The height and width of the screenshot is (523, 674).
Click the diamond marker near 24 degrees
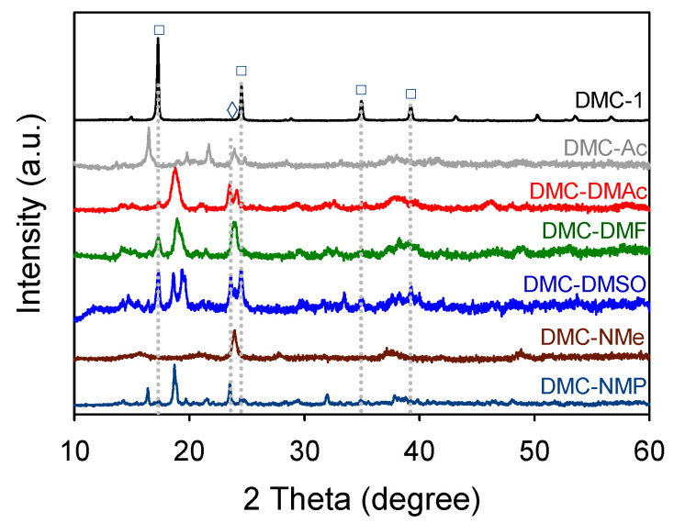pyautogui.click(x=232, y=110)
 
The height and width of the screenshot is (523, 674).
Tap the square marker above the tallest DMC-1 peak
pyautogui.click(x=159, y=30)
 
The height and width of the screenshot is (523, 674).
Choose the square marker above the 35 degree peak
pyautogui.click(x=361, y=90)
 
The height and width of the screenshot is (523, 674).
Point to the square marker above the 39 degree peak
pyautogui.click(x=410, y=94)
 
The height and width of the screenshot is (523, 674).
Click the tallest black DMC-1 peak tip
pyautogui.click(x=158, y=40)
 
